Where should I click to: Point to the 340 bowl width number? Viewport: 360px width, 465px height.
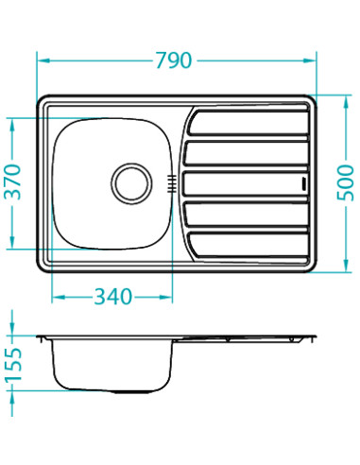click(112, 297)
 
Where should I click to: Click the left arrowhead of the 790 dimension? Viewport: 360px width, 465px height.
click(41, 60)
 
